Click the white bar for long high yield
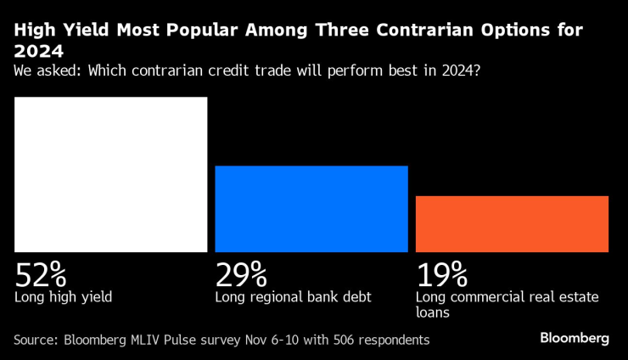click(111, 174)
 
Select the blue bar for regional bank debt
click(311, 208)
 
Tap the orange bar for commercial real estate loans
click(512, 223)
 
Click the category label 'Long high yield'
click(64, 297)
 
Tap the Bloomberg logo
click(575, 338)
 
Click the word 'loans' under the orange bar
click(434, 312)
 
